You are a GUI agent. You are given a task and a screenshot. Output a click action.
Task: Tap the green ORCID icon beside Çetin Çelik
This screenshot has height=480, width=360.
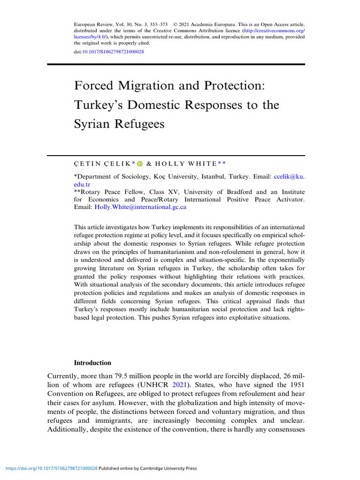tap(139, 164)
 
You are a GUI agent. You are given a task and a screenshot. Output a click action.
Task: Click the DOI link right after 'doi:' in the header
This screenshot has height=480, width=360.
tap(113, 52)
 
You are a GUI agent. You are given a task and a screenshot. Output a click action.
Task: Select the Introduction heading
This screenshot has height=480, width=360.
tap(93, 363)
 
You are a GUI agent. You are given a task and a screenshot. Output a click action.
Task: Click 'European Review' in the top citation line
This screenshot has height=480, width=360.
tap(91, 24)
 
